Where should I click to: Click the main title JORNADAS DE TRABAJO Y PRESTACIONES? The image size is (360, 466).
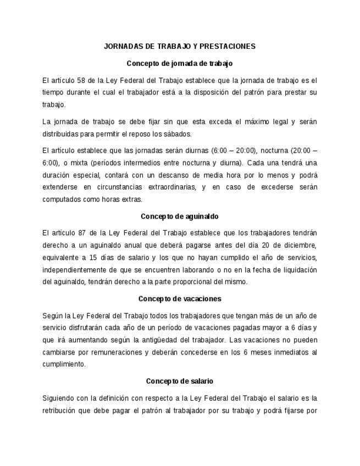[x=180, y=46]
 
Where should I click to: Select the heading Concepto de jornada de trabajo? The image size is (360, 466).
[x=180, y=63]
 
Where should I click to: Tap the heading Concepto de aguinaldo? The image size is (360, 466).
[x=180, y=216]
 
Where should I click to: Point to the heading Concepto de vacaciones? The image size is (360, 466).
[x=180, y=298]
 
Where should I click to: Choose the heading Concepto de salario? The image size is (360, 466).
[x=180, y=381]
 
